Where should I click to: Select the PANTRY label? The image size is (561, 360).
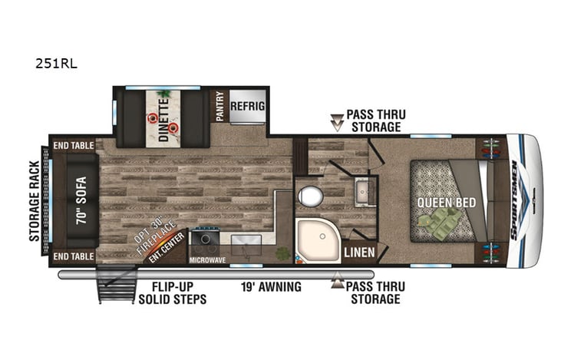click(x=219, y=107)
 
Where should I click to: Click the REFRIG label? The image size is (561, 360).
click(x=248, y=106)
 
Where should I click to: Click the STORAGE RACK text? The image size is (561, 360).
click(x=35, y=201)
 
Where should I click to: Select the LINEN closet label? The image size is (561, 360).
click(x=358, y=252)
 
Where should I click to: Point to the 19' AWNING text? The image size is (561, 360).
click(x=272, y=287)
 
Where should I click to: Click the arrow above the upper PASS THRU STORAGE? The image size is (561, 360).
click(x=337, y=121)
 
